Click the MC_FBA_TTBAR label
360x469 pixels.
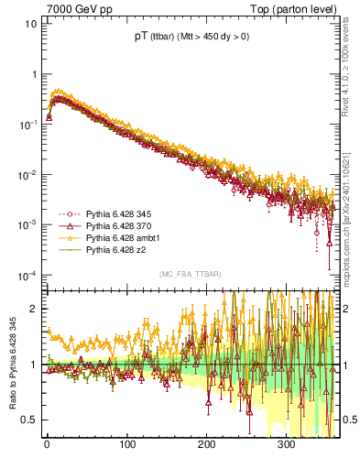coord(188,274)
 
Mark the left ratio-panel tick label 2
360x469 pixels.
coord(33,309)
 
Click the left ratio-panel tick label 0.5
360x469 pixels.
coord(29,420)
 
